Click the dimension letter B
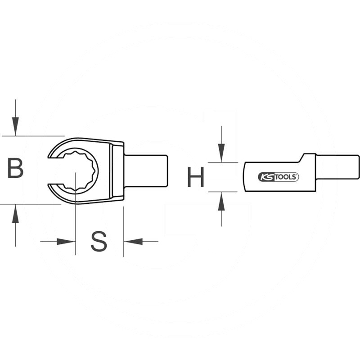point(15,169)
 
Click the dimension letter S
point(99,242)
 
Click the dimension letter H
point(196,177)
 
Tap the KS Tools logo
point(278,177)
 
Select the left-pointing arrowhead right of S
point(133,242)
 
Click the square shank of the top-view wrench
point(146,170)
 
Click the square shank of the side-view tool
point(337,167)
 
